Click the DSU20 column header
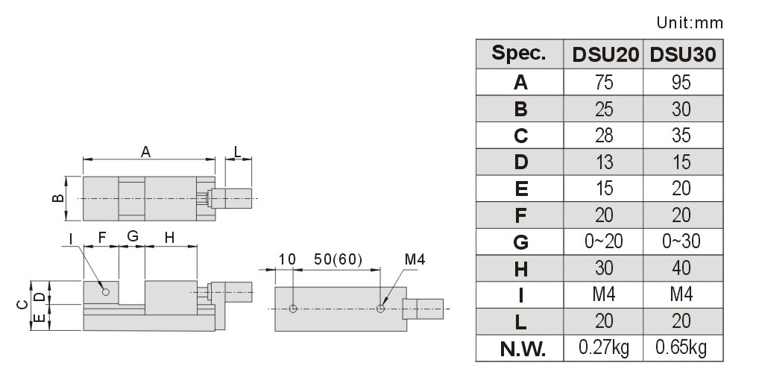click(x=605, y=54)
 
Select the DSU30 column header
click(x=682, y=54)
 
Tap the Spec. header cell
click(x=518, y=53)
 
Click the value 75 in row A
click(x=604, y=82)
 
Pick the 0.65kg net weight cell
click(x=681, y=347)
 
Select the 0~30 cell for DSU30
click(x=681, y=241)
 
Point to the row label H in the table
click(x=521, y=269)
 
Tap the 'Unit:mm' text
click(x=690, y=22)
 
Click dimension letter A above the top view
click(x=145, y=152)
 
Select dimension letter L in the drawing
click(x=237, y=151)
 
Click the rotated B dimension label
click(x=57, y=198)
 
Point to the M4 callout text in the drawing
click(x=415, y=260)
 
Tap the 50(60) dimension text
click(x=338, y=260)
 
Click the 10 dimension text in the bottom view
click(x=287, y=260)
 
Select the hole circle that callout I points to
click(x=106, y=292)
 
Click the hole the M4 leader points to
click(x=380, y=309)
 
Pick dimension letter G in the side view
click(x=133, y=236)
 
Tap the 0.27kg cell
click(x=604, y=347)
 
